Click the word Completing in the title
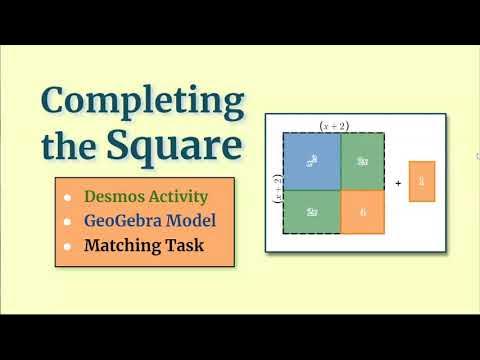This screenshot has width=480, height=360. click(141, 102)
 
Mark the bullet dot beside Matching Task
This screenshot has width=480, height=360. click(68, 245)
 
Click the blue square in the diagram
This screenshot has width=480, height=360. click(312, 160)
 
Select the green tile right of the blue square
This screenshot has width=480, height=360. click(363, 160)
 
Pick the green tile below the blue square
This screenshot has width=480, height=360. click(312, 211)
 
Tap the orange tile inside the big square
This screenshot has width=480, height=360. click(363, 211)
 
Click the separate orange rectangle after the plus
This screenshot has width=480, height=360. click(422, 183)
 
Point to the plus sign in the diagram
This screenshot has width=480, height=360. click(397, 184)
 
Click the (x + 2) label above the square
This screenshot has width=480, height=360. click(333, 126)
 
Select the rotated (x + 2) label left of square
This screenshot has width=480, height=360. click(277, 187)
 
